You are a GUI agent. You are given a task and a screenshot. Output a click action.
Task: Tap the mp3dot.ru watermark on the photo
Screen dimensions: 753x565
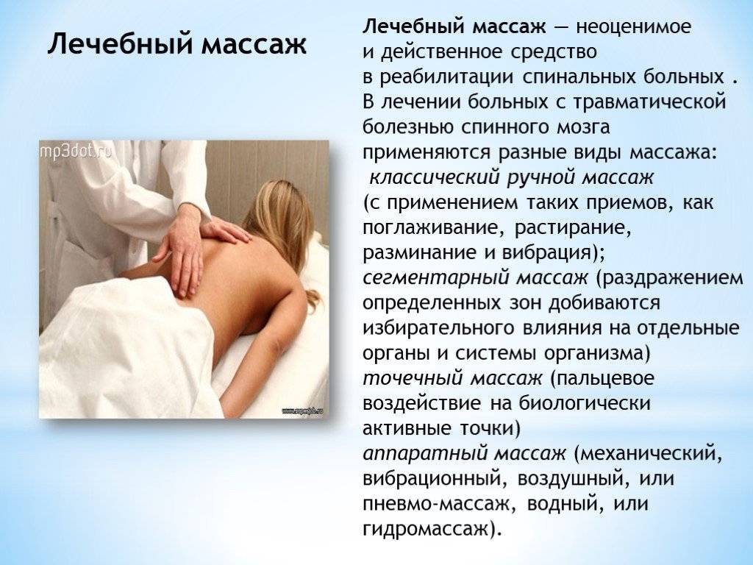click(76, 151)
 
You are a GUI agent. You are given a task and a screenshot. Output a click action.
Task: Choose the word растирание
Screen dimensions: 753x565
click(572, 228)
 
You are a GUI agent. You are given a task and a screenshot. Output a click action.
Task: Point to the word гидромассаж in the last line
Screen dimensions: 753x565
click(425, 530)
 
